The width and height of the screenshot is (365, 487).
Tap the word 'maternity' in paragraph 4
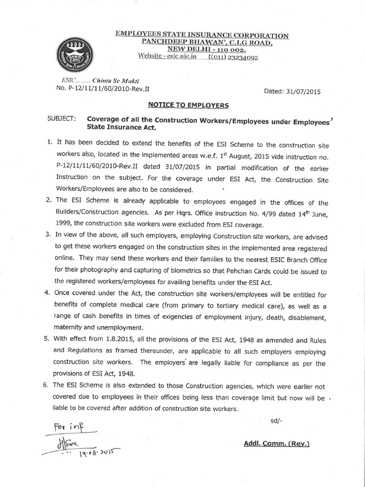pyautogui.click(x=68, y=328)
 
